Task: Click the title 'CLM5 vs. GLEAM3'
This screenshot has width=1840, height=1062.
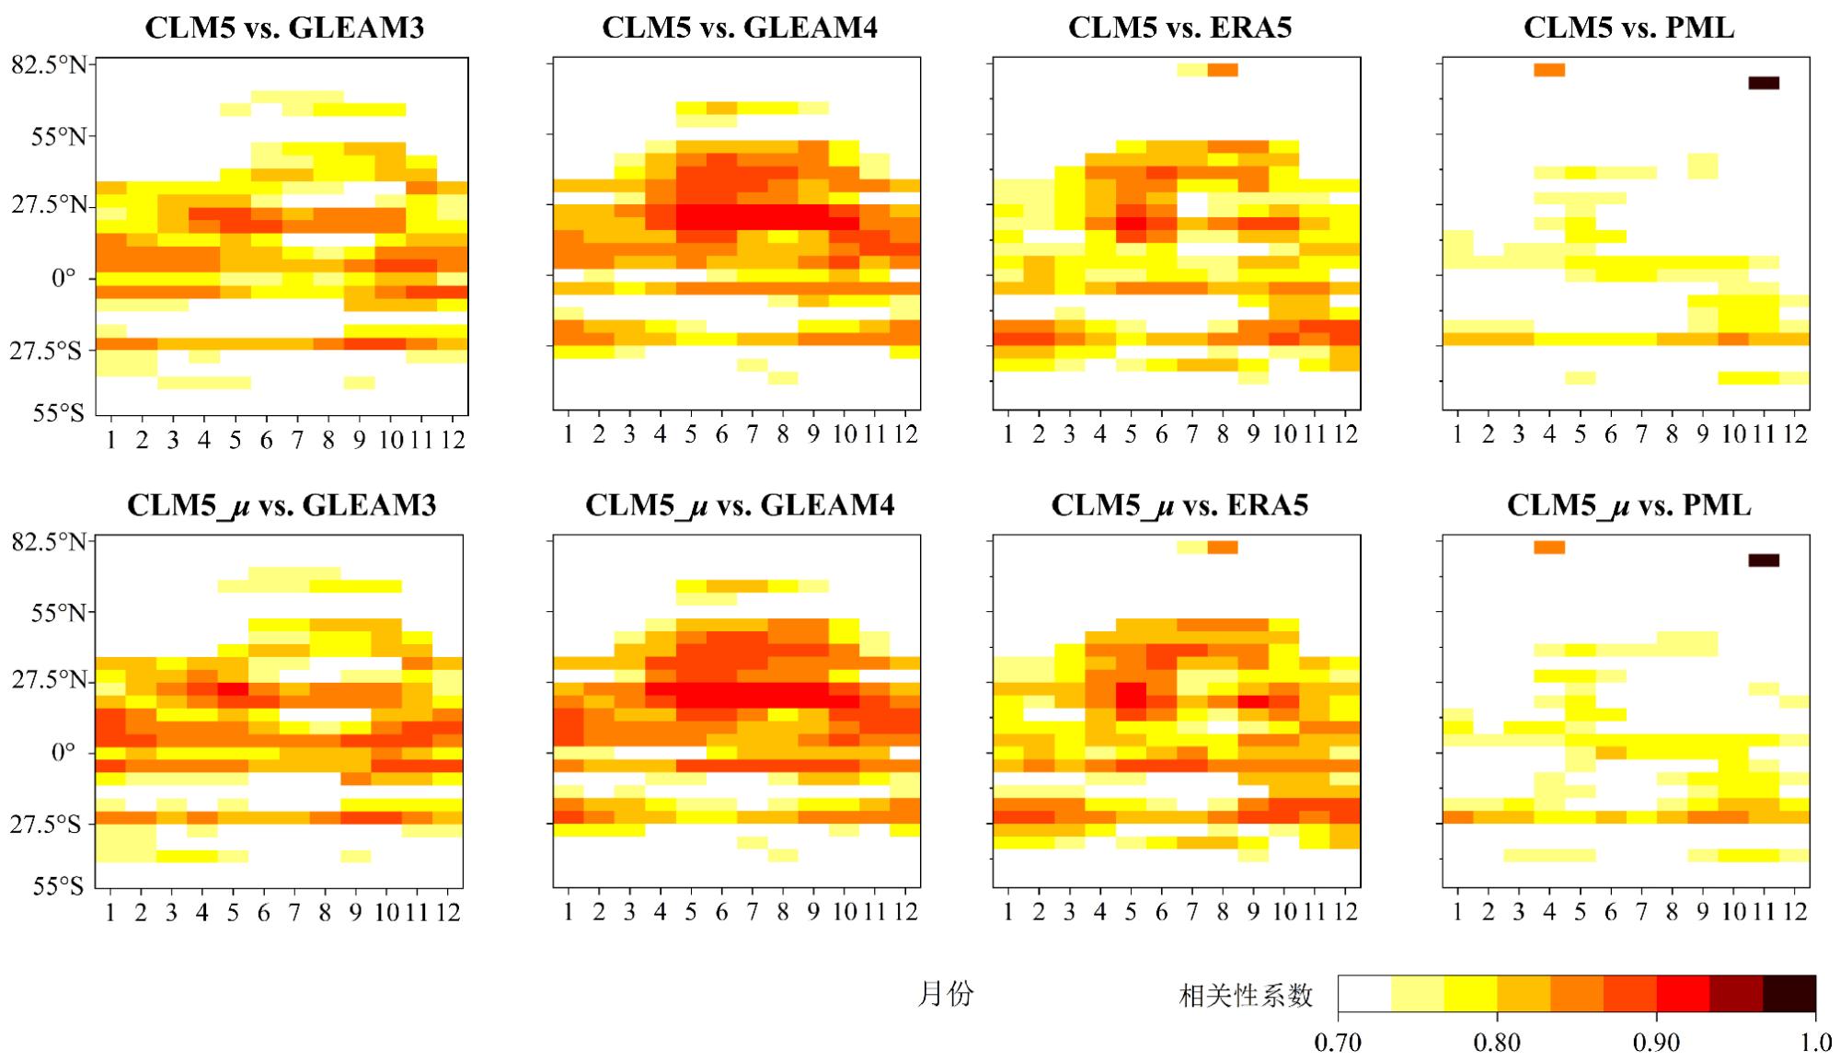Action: click(284, 28)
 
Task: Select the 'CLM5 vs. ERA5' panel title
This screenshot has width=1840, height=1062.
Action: click(1179, 28)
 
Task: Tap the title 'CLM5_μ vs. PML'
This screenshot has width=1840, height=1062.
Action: click(1628, 505)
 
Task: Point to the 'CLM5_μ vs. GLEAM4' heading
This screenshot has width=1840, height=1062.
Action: click(740, 505)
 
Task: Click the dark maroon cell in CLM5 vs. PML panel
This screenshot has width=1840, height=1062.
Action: click(1764, 83)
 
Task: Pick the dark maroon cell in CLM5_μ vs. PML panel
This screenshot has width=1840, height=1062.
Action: click(1764, 560)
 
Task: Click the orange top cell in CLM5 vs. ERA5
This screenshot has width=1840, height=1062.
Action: click(1223, 70)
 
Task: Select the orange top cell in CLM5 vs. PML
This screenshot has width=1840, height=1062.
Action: click(1549, 70)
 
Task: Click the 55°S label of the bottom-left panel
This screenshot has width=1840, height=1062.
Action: click(57, 886)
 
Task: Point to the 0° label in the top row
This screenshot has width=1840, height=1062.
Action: click(63, 278)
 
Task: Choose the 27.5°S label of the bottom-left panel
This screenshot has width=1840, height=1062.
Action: click(45, 824)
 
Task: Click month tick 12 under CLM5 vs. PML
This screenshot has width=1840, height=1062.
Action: click(1795, 434)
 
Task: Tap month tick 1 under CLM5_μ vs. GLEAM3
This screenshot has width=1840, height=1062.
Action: click(110, 912)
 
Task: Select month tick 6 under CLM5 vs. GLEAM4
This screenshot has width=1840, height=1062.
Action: click(721, 434)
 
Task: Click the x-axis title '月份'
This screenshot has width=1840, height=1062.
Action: click(945, 994)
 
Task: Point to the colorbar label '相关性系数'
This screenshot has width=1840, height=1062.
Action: click(1246, 996)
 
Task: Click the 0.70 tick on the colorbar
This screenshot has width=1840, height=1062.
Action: click(1338, 1043)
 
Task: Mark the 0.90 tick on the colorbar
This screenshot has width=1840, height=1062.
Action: click(1656, 1043)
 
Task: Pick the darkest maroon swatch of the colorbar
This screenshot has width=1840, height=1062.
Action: click(1789, 994)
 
